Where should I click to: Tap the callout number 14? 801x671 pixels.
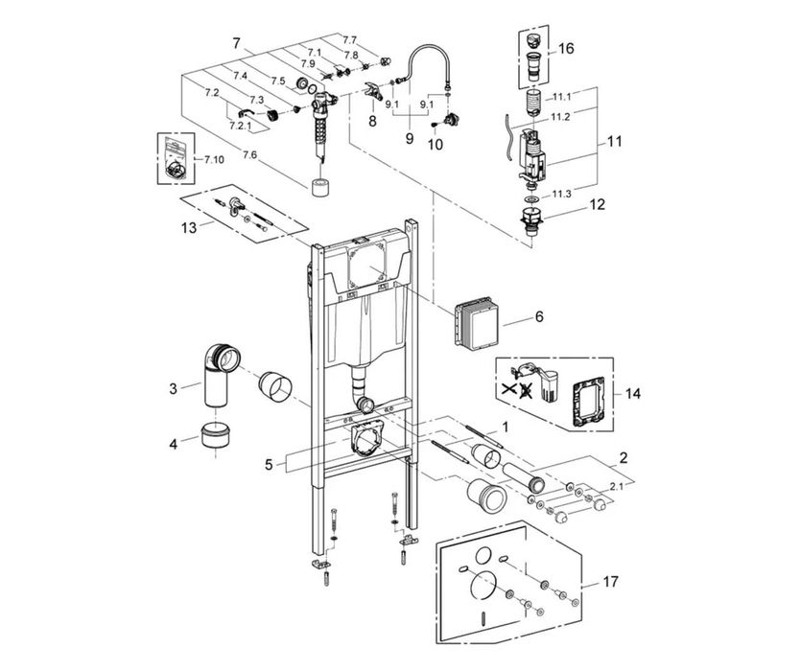pyautogui.click(x=633, y=393)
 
